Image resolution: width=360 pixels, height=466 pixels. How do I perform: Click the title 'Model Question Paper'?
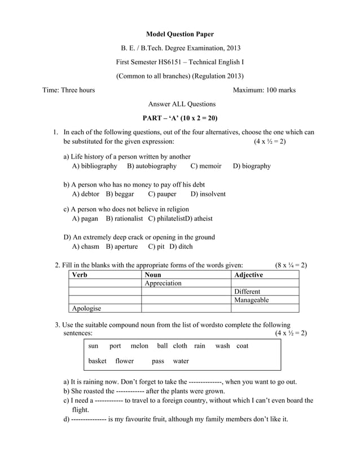pos(180,35)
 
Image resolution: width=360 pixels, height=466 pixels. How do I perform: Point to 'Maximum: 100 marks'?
pos(264,90)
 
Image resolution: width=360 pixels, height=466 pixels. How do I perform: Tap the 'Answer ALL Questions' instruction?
pos(182,104)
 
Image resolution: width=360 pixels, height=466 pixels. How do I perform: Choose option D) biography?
pos(252,166)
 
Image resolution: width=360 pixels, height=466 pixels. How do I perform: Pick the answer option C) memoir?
pos(206,166)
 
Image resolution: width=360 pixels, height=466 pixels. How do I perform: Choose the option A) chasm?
pos(86,247)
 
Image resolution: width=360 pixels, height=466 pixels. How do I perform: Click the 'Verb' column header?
pos(80,275)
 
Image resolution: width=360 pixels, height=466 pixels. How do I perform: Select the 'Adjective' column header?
pos(248,275)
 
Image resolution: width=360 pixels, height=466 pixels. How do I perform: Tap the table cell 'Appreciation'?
pos(164,283)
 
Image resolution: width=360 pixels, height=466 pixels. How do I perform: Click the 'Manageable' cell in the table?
pos(251,300)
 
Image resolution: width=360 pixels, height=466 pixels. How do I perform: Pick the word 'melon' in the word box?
pos(139,346)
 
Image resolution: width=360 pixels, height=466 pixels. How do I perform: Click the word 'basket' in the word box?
pos(97,361)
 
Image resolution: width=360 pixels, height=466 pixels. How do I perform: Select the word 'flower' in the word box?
pos(125,361)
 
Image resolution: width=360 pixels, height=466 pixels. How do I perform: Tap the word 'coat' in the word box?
pos(242,346)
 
